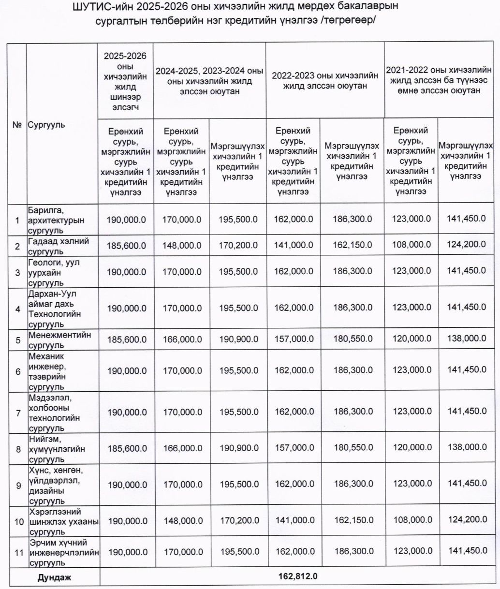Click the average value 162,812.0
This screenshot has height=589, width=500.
[298, 576]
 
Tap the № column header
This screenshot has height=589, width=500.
[17, 124]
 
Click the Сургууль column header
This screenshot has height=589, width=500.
[46, 124]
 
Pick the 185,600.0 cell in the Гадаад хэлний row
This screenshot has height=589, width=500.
[126, 246]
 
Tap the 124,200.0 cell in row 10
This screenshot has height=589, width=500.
[467, 520]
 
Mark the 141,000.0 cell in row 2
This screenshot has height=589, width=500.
[294, 246]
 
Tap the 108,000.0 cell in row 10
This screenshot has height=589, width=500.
[412, 520]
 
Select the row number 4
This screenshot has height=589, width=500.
[18, 309]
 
